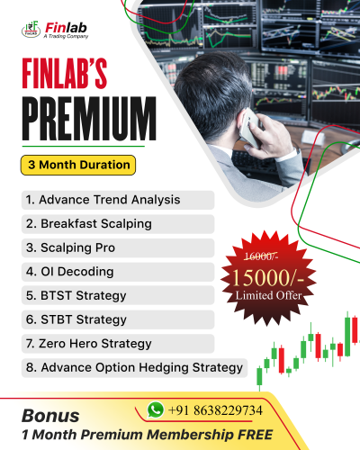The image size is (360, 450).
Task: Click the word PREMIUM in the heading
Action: [x=85, y=116]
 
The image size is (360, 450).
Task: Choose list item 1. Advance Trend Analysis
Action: [x=103, y=199]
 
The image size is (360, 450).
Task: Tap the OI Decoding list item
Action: [x=69, y=271]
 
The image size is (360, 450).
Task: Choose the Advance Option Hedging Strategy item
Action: [x=134, y=367]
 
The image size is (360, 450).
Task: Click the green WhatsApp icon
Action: [x=156, y=409]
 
